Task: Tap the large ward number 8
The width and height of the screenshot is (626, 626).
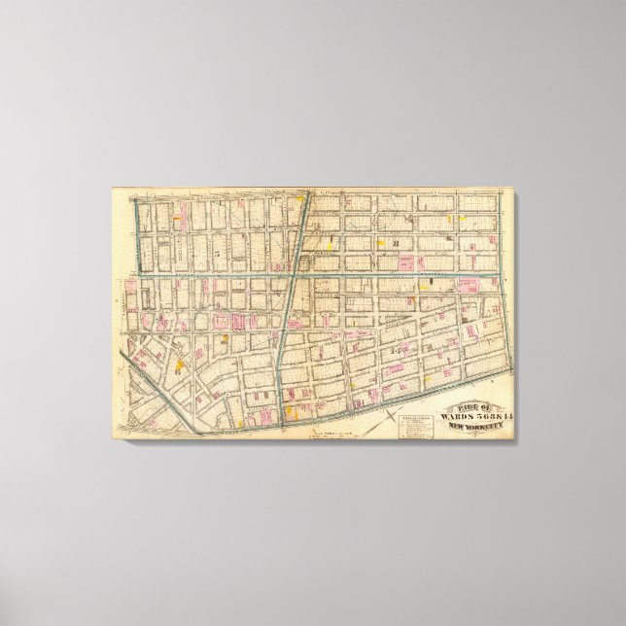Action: [396, 244]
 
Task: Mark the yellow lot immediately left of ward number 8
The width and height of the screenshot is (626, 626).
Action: [381, 244]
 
